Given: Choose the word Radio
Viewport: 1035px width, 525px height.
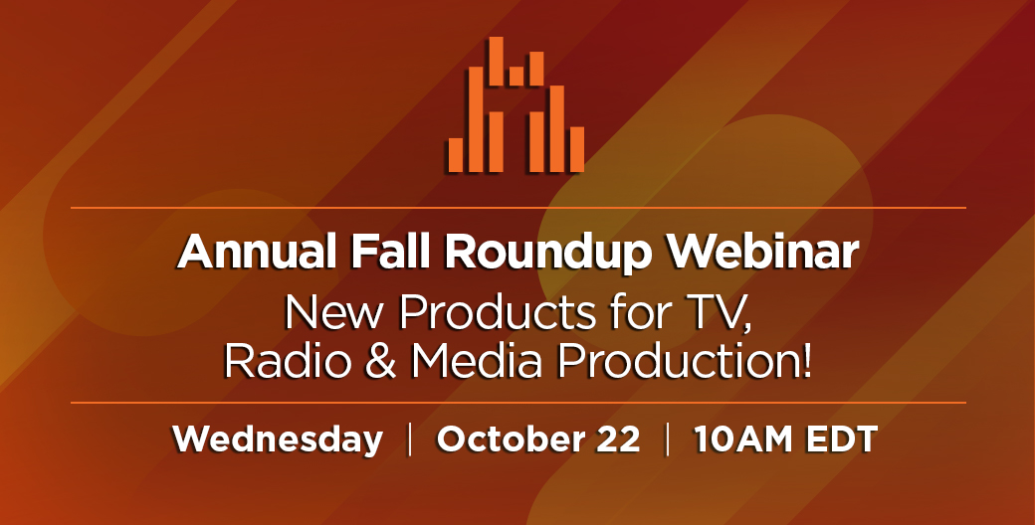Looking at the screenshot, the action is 289,361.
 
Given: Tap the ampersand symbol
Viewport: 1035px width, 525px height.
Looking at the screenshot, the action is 381,361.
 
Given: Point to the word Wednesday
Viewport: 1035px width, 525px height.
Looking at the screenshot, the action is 278,439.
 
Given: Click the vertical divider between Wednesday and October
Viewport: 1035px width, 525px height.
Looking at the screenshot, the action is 410,439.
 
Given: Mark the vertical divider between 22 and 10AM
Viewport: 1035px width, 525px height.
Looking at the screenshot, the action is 668,439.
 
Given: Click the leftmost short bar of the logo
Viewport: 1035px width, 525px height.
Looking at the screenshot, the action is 456,155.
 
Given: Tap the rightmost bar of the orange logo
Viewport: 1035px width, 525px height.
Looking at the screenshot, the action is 577,149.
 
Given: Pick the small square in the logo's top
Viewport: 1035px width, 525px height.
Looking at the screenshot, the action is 517,76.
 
